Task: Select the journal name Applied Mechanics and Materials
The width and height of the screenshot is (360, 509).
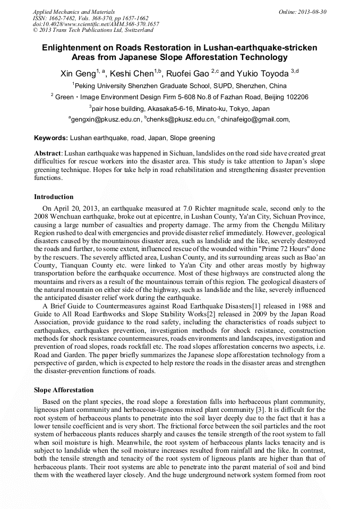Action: coord(74,12)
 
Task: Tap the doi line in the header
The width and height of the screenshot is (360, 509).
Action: coord(96,24)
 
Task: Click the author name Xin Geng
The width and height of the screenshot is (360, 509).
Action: coord(78,72)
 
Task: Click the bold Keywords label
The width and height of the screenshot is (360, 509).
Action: coord(51,138)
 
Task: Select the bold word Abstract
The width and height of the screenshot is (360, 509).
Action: coord(48,153)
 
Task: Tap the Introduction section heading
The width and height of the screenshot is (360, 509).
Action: coord(54,197)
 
